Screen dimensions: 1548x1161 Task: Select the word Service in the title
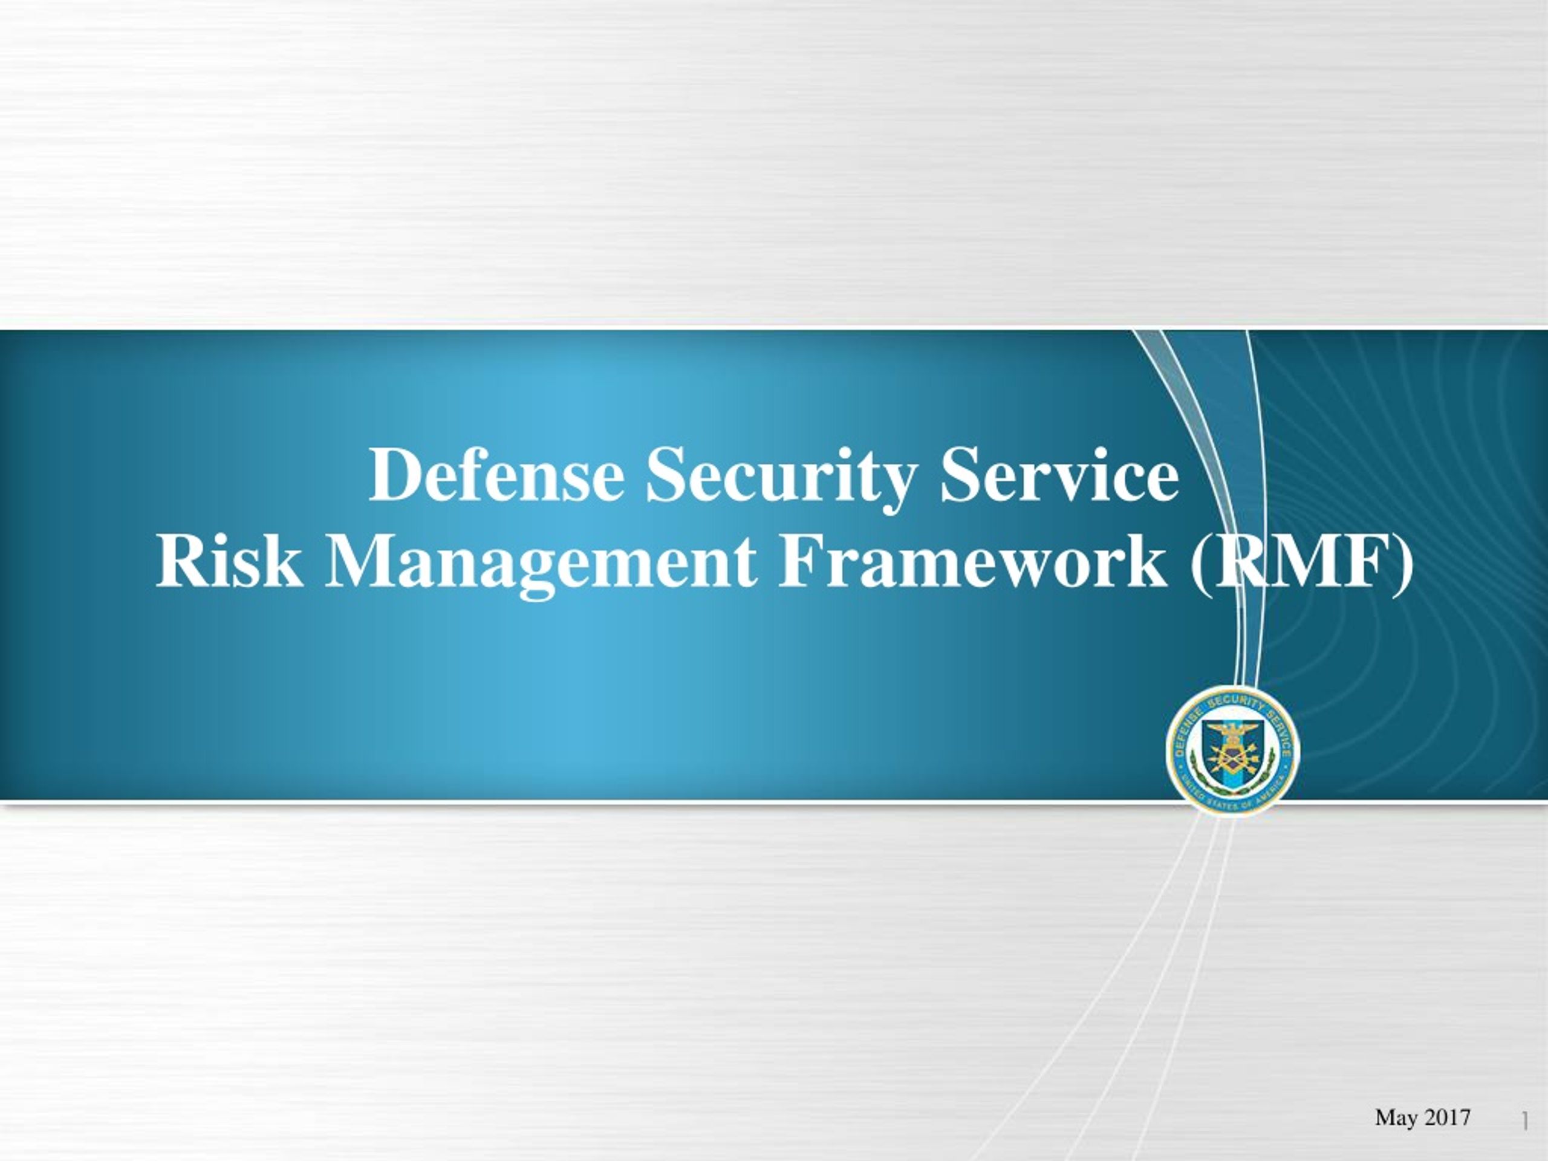pyautogui.click(x=1059, y=475)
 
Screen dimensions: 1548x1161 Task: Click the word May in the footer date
pyautogui.click(x=1395, y=1117)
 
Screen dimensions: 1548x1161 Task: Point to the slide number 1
pyautogui.click(x=1525, y=1121)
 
